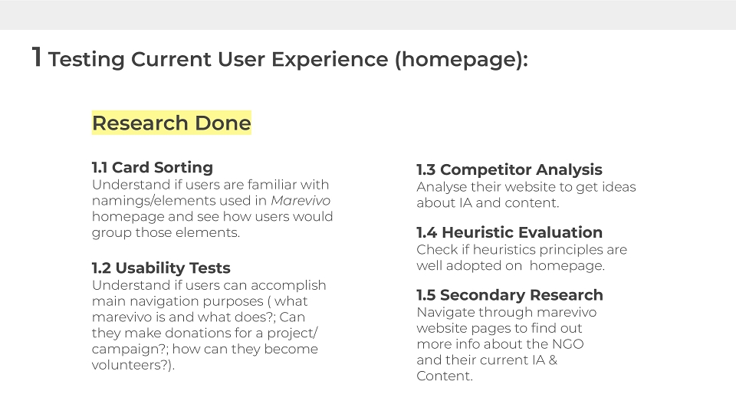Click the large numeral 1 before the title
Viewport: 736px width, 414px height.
coord(37,58)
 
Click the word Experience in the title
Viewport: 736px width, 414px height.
coord(330,60)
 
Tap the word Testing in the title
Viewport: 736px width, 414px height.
coord(87,61)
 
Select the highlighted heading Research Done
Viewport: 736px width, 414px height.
coord(171,123)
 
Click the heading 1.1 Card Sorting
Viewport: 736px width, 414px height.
coord(153,168)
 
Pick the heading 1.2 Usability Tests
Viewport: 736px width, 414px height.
coord(161,268)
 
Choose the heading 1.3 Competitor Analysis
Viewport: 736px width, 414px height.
coord(509,170)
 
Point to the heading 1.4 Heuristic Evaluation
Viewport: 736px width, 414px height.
coord(509,232)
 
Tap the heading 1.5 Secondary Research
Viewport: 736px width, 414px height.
coord(510,294)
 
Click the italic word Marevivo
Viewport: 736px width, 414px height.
coord(301,200)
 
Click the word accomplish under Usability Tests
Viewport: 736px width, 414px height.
coord(288,286)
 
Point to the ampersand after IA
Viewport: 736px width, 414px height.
coord(553,360)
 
